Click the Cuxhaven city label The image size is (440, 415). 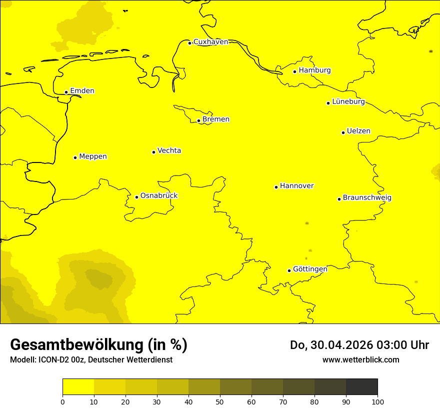coord(210,42)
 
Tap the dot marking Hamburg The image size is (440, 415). coord(295,71)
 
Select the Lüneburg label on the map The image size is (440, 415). coord(348,102)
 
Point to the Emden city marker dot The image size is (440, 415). coord(66,92)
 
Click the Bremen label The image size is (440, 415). coord(216,119)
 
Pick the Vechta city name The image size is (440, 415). coord(169,150)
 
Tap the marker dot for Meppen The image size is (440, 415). coord(75,157)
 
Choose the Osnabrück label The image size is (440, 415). coord(159,196)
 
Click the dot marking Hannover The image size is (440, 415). coord(276,187)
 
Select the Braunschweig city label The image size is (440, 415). coord(367,198)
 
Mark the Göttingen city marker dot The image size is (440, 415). coord(289,270)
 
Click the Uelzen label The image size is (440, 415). coord(358,131)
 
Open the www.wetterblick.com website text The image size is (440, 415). coord(360,359)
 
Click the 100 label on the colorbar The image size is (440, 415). coord(377,401)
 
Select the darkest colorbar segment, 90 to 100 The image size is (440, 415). coord(361,387)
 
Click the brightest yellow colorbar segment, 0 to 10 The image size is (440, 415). coord(78,387)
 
